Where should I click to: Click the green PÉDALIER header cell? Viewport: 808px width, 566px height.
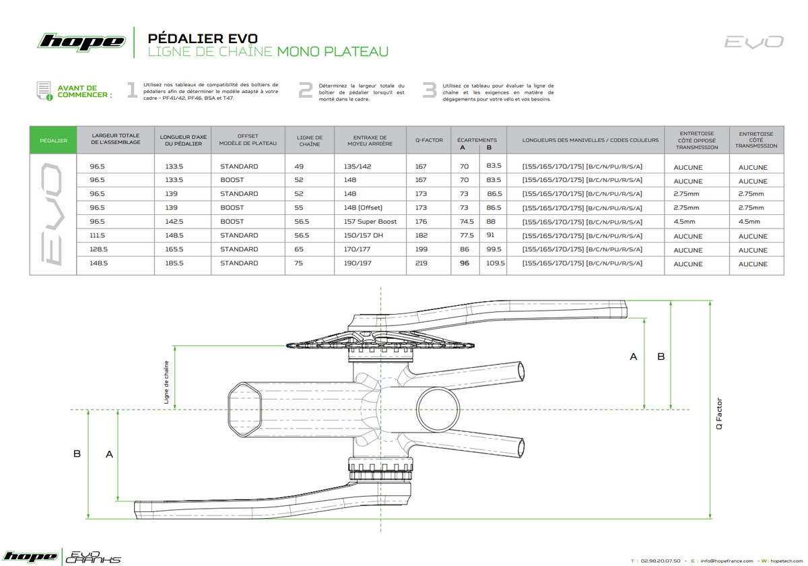tap(53, 140)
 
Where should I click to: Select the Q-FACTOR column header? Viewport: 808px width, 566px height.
tap(429, 140)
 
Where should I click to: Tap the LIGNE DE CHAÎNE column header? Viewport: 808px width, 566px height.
tap(310, 141)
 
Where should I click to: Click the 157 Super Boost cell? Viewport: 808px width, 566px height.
tap(370, 222)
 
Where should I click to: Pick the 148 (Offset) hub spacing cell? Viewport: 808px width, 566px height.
tap(363, 208)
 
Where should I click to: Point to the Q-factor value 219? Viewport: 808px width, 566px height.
tap(421, 263)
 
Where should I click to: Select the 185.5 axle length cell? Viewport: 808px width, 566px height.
tap(174, 263)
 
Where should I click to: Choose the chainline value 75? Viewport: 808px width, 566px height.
tap(298, 263)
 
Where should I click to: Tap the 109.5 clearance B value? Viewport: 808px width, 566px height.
tap(496, 263)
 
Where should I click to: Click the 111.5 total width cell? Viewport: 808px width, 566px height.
tap(97, 235)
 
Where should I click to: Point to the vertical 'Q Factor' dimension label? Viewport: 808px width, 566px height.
tap(719, 414)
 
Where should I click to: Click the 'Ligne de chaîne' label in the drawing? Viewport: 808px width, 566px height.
tap(166, 382)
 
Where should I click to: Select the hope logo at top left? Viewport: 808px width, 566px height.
tap(81, 42)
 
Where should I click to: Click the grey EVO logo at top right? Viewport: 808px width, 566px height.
tap(754, 42)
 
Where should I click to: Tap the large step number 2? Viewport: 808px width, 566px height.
tap(306, 90)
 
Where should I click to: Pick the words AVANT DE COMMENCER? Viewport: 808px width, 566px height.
tap(85, 92)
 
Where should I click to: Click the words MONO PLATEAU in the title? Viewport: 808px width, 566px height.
tap(333, 51)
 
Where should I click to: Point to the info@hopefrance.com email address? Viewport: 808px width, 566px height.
tap(727, 561)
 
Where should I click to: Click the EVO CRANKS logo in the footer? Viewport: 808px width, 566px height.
tap(93, 557)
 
